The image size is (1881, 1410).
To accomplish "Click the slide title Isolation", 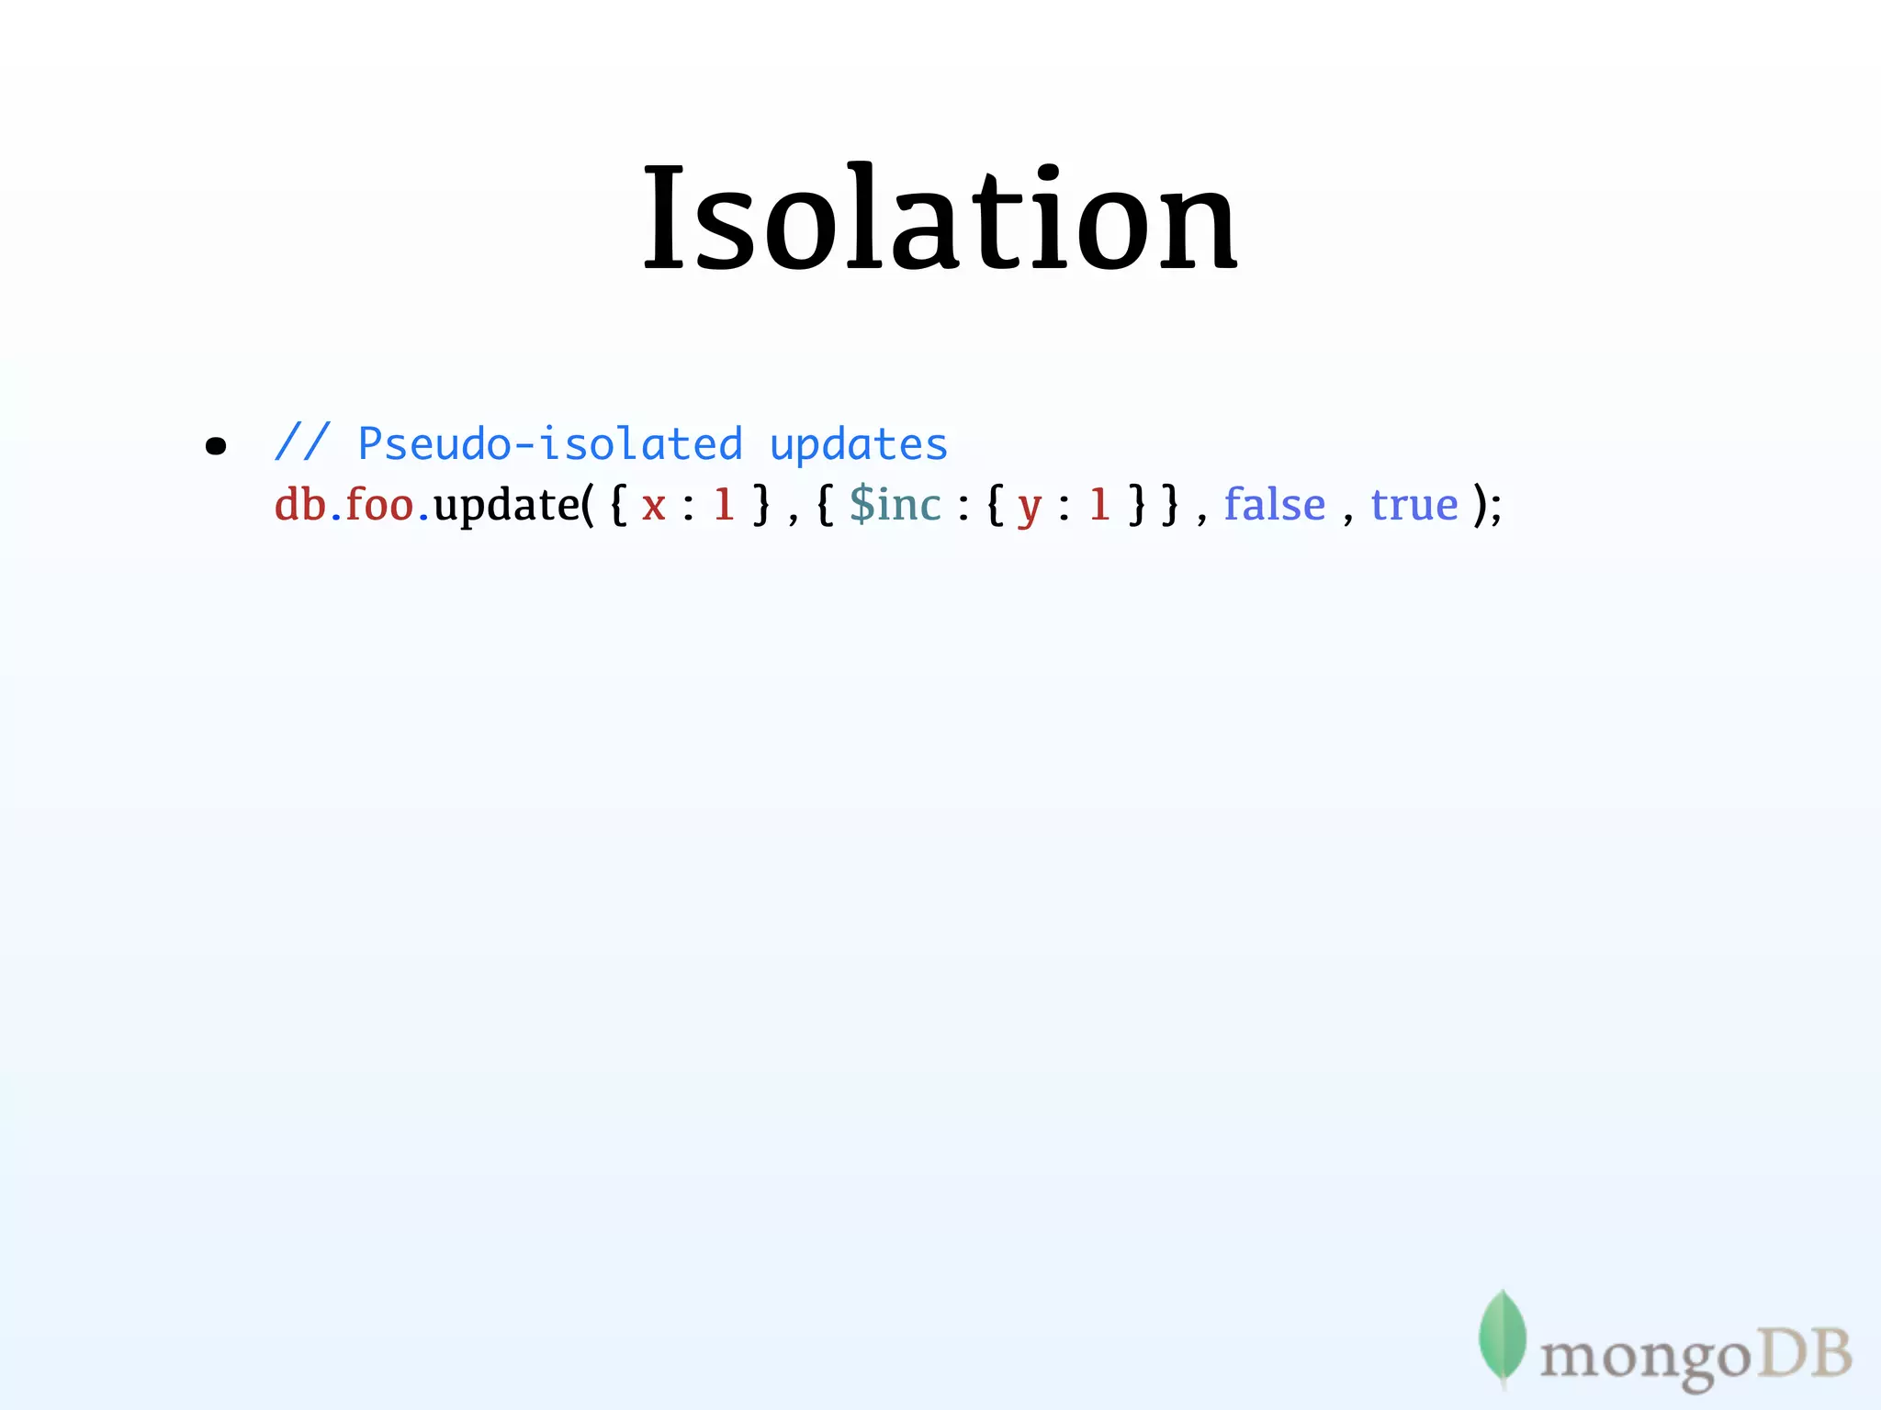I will pyautogui.click(x=940, y=220).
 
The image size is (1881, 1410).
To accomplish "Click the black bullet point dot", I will pyautogui.click(x=216, y=447).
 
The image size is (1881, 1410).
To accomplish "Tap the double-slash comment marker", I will pyautogui.click(x=301, y=443).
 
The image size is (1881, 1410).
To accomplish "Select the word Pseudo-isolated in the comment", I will pyautogui.click(x=549, y=445).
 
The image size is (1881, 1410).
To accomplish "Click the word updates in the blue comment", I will pyautogui.click(x=858, y=445).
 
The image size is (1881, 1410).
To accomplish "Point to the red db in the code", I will pyautogui.click(x=300, y=505).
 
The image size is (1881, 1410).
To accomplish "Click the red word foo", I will pyautogui.click(x=379, y=505).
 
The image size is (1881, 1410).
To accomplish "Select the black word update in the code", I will pyautogui.click(x=506, y=505).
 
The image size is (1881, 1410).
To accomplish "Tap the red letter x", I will pyautogui.click(x=653, y=506).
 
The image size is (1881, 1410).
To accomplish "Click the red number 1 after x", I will pyautogui.click(x=725, y=505).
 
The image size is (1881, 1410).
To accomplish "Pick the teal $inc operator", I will pyautogui.click(x=895, y=505).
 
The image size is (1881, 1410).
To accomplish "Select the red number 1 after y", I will pyautogui.click(x=1099, y=505).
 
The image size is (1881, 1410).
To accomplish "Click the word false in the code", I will pyautogui.click(x=1275, y=505).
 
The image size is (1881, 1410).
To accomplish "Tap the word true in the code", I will pyautogui.click(x=1414, y=505).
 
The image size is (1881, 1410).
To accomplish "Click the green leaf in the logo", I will pyautogui.click(x=1502, y=1337).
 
